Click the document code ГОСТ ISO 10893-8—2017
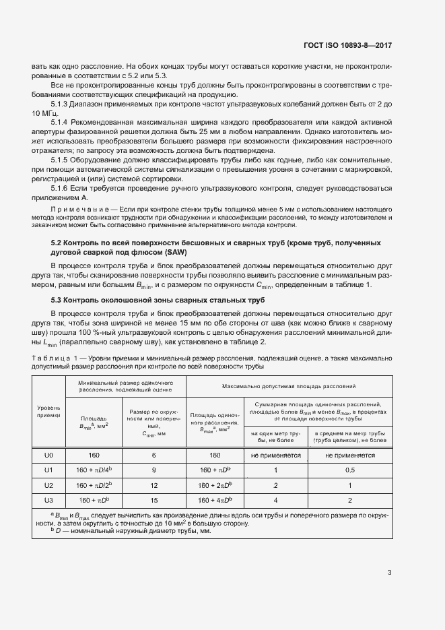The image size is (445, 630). pyautogui.click(x=343, y=45)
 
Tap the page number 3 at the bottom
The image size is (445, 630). pyautogui.click(x=390, y=573)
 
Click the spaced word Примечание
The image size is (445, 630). pyautogui.click(x=73, y=211)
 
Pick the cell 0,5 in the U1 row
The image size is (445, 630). pyautogui.click(x=350, y=470)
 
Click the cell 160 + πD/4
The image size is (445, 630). pyautogui.click(x=94, y=470)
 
